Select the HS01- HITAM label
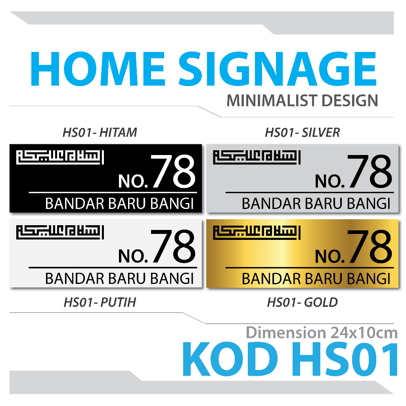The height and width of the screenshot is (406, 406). coord(100,132)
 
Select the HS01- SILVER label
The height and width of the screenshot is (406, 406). coord(302,132)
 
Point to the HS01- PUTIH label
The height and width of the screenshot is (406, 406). coord(100,303)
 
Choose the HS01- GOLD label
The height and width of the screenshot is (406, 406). coord(302,303)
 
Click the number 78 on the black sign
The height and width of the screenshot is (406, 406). coord(173,172)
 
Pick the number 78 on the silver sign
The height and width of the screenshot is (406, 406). coord(370,172)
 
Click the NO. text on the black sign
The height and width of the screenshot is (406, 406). coord(133,181)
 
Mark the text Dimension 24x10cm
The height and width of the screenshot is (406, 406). coord(322,332)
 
